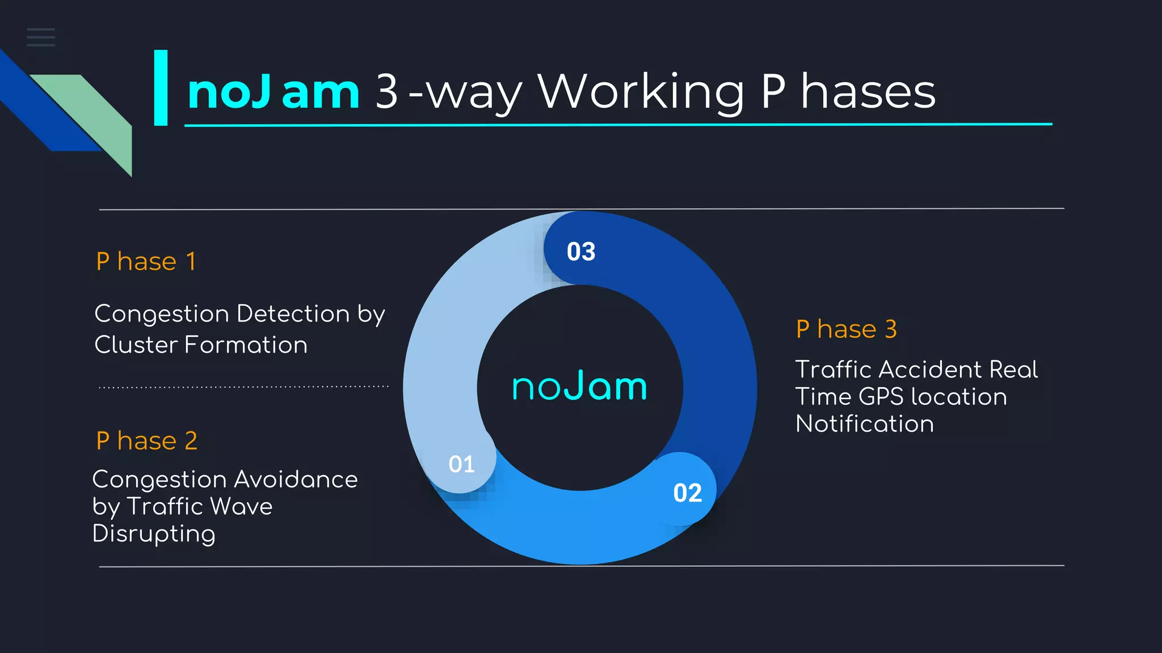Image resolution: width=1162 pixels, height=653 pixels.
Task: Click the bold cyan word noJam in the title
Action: point(273,92)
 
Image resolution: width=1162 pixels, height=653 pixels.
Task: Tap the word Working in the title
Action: point(641,92)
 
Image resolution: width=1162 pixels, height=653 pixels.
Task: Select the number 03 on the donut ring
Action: point(581,252)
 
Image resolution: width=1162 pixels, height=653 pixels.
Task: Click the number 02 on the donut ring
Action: point(687,493)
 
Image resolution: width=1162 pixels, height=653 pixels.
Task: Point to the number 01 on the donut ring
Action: point(461,464)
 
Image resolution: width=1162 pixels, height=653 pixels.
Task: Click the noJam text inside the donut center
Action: point(579,387)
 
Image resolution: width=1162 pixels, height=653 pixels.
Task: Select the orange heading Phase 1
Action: point(146,262)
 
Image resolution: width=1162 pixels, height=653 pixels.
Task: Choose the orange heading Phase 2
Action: point(146,441)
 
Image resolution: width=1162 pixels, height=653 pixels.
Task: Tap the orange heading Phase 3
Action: point(846,329)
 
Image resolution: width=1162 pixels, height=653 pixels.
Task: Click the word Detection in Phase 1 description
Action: point(293,313)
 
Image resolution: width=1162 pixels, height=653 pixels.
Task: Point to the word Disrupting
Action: point(154,534)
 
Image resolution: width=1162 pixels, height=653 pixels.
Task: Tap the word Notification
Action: point(865,424)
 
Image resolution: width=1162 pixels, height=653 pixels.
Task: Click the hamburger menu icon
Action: point(41,37)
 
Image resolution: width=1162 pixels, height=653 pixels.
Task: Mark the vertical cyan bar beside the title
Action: point(161,87)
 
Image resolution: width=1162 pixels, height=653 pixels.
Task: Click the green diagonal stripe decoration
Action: point(96,113)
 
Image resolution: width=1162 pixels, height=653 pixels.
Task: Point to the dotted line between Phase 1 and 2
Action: point(243,387)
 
